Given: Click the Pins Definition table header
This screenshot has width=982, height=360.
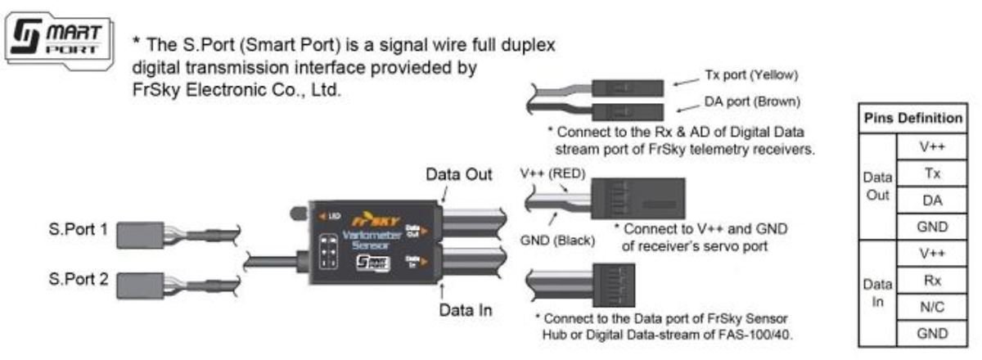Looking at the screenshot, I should click(912, 119).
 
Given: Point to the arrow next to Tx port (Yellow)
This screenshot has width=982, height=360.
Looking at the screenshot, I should click(683, 80).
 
